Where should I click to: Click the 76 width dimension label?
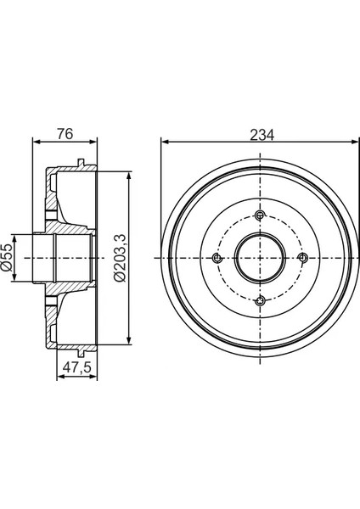[x=65, y=134]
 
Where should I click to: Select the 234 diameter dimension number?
[x=262, y=135]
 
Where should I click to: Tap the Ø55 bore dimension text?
[x=7, y=257]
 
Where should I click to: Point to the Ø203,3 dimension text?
[x=120, y=258]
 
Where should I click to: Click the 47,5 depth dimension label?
[x=77, y=367]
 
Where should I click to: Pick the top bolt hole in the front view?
[x=260, y=215]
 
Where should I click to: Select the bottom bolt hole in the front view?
[x=260, y=301]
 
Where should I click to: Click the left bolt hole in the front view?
[x=217, y=258]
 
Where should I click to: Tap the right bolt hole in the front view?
[x=303, y=258]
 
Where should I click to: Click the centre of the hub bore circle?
[x=260, y=258]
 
